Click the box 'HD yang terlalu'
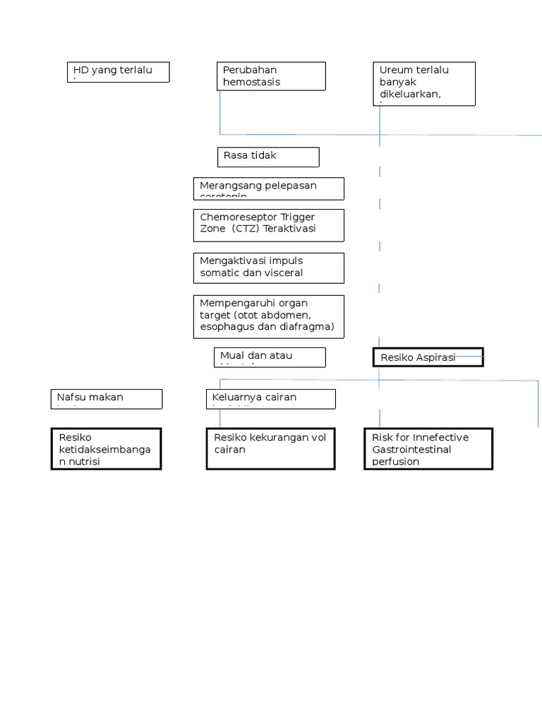tap(118, 72)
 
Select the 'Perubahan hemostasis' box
tap(271, 76)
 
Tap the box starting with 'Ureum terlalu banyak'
tap(423, 84)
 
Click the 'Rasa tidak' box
tap(267, 157)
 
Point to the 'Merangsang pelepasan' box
tap(268, 189)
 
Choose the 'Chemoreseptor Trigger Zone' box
tap(268, 225)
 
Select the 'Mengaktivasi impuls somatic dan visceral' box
tap(268, 268)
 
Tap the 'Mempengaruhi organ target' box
tap(268, 316)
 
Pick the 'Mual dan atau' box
tap(270, 357)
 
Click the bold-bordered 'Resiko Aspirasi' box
tap(428, 357)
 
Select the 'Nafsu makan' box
tap(107, 399)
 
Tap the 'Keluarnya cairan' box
tap(270, 399)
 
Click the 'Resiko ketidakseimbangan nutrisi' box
tap(107, 448)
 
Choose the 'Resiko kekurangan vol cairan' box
tap(270, 448)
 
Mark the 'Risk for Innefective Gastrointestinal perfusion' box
tap(428, 448)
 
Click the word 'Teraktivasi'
tap(290, 229)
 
